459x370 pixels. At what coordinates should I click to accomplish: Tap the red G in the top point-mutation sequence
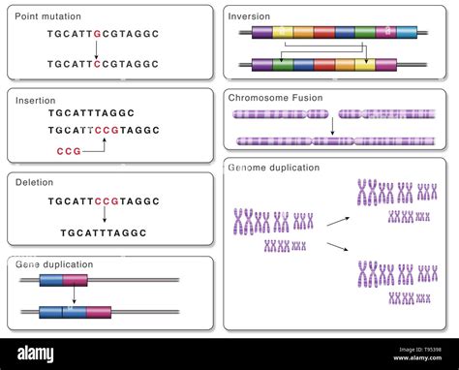98,32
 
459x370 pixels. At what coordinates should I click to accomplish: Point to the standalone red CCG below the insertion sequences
69,151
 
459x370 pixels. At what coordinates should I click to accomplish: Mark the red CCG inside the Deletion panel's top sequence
107,201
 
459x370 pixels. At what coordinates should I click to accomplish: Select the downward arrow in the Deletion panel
104,218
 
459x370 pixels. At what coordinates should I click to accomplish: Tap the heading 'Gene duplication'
55,263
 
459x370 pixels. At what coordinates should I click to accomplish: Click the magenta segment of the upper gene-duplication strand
75,281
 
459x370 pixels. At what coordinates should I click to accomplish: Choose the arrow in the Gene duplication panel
75,296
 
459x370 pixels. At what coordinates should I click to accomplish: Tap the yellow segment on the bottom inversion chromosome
365,65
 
